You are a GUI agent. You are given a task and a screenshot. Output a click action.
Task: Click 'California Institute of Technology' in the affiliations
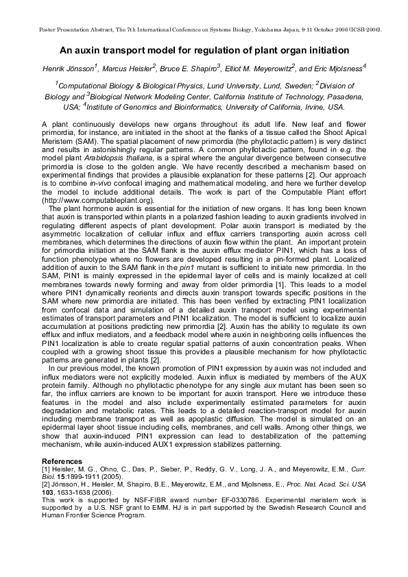coord(259,97)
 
